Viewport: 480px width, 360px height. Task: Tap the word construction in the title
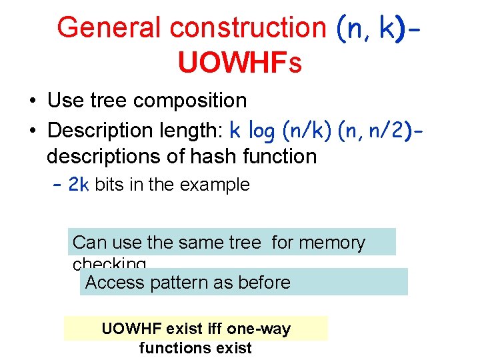point(247,28)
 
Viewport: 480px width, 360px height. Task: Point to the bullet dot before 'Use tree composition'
point(32,101)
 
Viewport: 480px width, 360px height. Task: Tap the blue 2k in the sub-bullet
point(79,185)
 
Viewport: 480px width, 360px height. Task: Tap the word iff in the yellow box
point(213,328)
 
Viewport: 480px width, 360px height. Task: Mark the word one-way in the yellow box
point(259,328)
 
